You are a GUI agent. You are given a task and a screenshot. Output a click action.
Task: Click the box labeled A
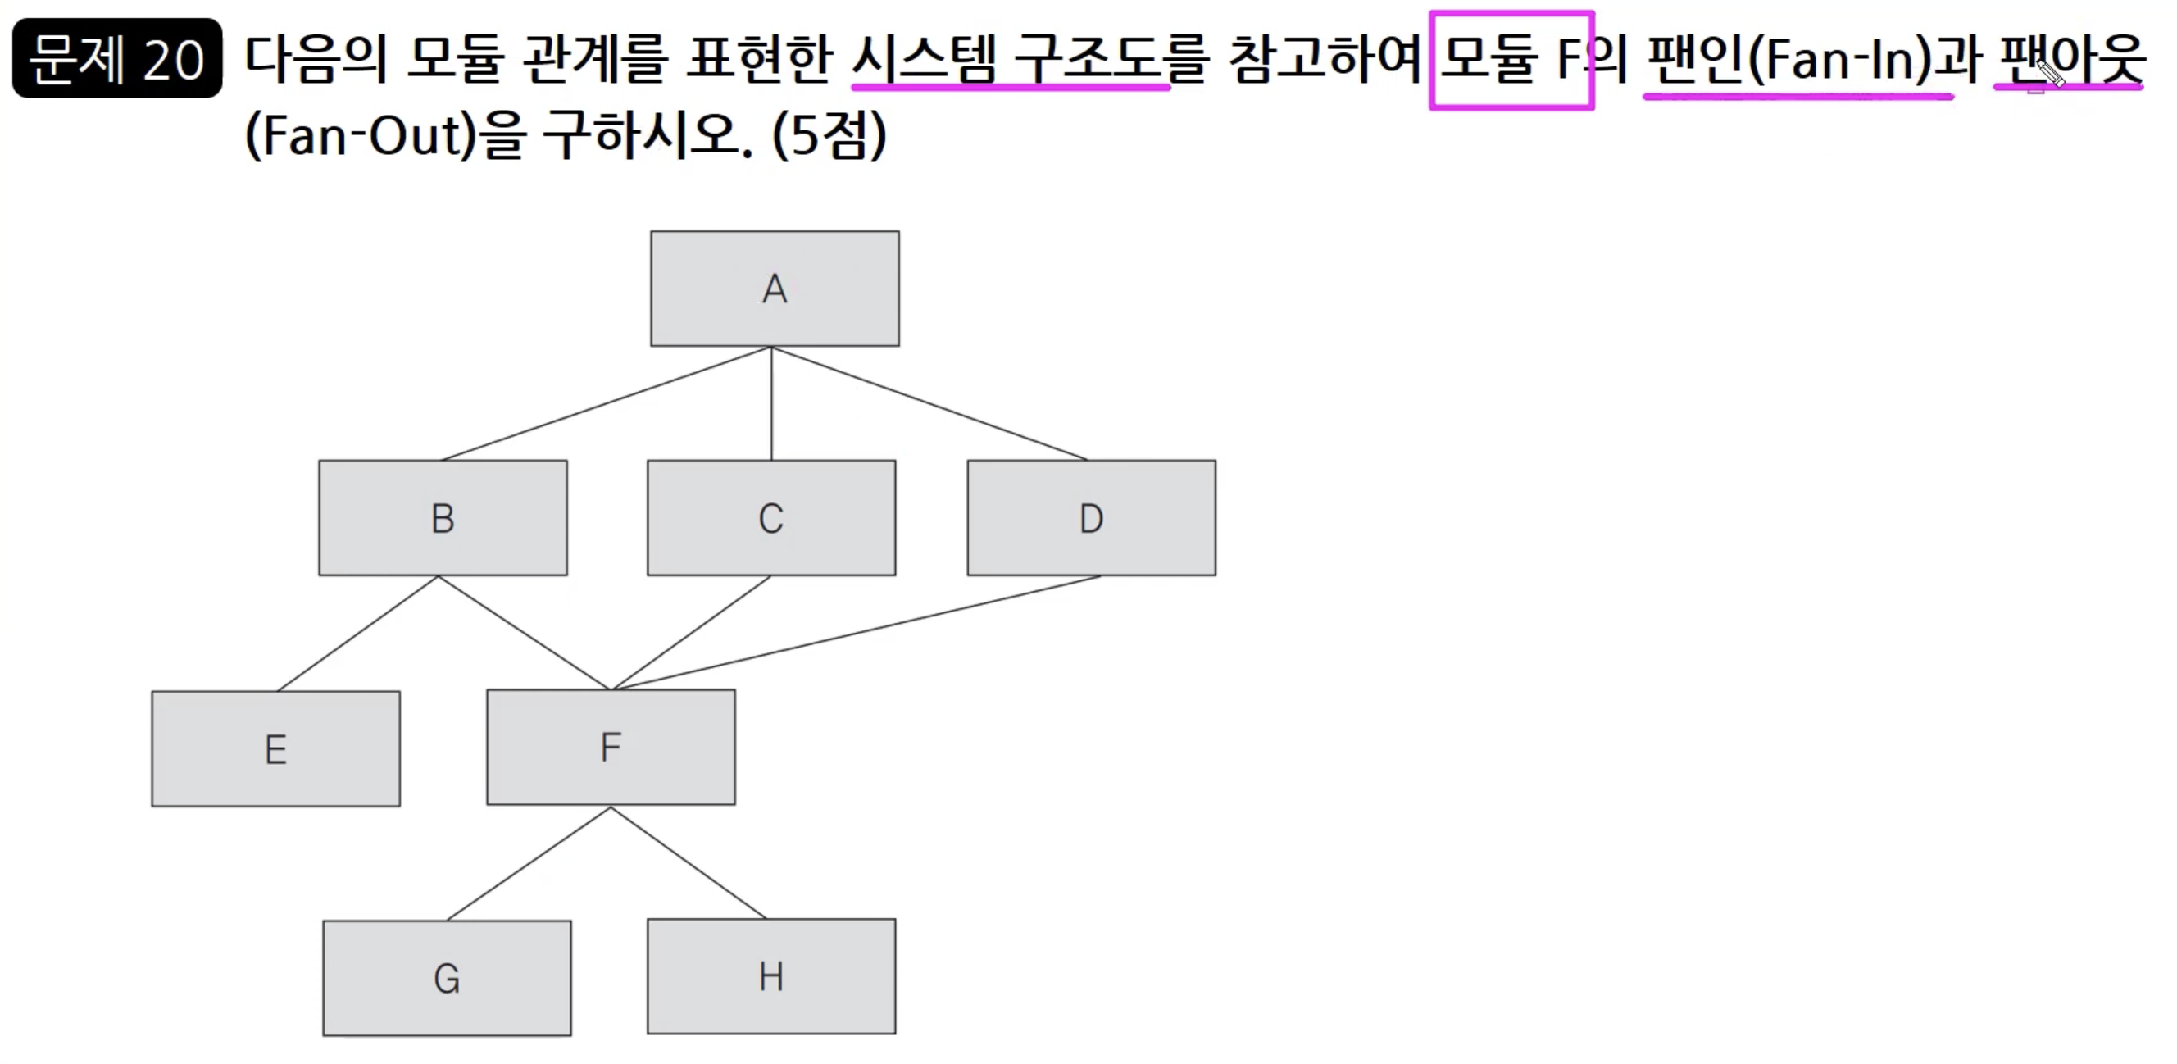click(x=774, y=289)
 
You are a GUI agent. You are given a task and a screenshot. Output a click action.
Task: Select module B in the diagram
click(x=443, y=517)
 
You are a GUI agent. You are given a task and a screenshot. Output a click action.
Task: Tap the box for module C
click(x=770, y=517)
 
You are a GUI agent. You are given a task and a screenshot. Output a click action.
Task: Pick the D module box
click(x=1091, y=517)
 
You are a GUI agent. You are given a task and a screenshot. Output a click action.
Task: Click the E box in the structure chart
click(x=275, y=748)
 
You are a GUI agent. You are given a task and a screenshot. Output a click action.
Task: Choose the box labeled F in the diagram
click(x=610, y=747)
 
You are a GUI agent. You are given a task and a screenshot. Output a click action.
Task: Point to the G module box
click(x=446, y=978)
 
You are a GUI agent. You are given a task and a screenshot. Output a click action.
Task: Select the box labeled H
click(x=770, y=976)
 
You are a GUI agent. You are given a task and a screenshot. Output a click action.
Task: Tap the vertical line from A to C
click(x=771, y=404)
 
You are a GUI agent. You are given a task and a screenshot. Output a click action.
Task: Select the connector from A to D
click(x=929, y=404)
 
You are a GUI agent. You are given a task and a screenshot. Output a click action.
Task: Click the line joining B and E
click(x=357, y=634)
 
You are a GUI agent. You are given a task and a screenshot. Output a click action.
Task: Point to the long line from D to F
click(x=855, y=633)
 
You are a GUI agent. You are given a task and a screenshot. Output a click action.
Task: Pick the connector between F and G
click(x=528, y=864)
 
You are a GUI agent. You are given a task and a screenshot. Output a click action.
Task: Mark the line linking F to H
click(x=689, y=864)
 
